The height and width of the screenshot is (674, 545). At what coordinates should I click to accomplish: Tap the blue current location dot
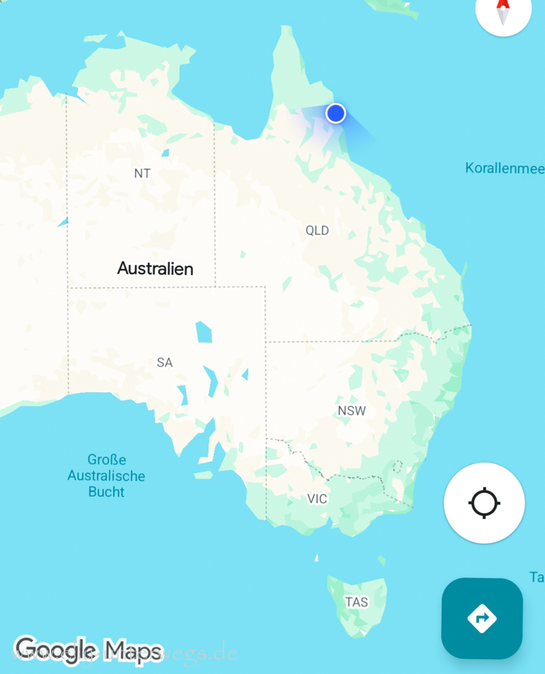coord(336,113)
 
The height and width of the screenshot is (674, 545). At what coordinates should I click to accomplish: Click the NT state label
coord(142,173)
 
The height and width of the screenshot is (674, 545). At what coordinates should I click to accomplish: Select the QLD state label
coord(317,231)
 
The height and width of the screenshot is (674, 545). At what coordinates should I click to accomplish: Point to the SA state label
coord(165,363)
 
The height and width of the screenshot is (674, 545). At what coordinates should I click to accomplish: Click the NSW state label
coord(351,410)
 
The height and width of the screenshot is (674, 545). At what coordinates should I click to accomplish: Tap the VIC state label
coord(317,499)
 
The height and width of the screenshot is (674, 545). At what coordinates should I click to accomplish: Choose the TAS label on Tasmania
coord(356,602)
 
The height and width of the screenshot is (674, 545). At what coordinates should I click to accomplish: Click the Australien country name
coord(155,268)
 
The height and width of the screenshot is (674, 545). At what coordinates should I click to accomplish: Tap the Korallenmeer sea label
coord(505,168)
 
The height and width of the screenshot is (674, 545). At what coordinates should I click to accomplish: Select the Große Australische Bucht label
coord(107,476)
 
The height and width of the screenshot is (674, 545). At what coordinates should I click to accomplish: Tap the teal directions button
coord(482,618)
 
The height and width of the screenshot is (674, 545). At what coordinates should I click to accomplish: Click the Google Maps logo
coord(88,650)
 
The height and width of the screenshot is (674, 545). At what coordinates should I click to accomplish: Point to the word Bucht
coord(107,492)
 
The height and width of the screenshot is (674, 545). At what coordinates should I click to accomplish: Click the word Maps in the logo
coord(133,650)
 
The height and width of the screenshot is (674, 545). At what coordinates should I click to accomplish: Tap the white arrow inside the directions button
coord(482,617)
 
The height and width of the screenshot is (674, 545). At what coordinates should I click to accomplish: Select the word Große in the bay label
coord(107,460)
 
